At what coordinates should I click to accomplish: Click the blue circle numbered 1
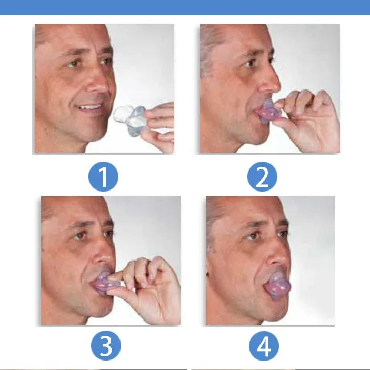(x=103, y=177)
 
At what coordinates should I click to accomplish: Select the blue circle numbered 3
(x=106, y=346)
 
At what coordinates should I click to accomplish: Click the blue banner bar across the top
(x=185, y=7)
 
